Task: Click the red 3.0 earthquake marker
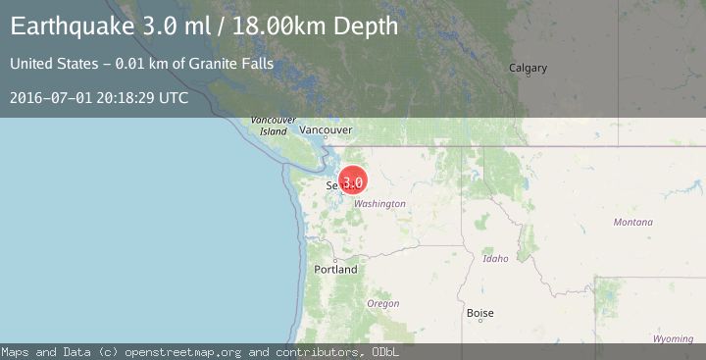click(353, 181)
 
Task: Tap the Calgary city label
click(528, 68)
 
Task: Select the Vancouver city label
click(326, 129)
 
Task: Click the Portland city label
click(335, 269)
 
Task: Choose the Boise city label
click(479, 314)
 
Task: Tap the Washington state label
click(379, 204)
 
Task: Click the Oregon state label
click(382, 304)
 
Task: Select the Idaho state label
click(495, 259)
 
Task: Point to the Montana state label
click(632, 223)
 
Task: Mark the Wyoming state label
click(673, 338)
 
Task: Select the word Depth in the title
click(367, 26)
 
